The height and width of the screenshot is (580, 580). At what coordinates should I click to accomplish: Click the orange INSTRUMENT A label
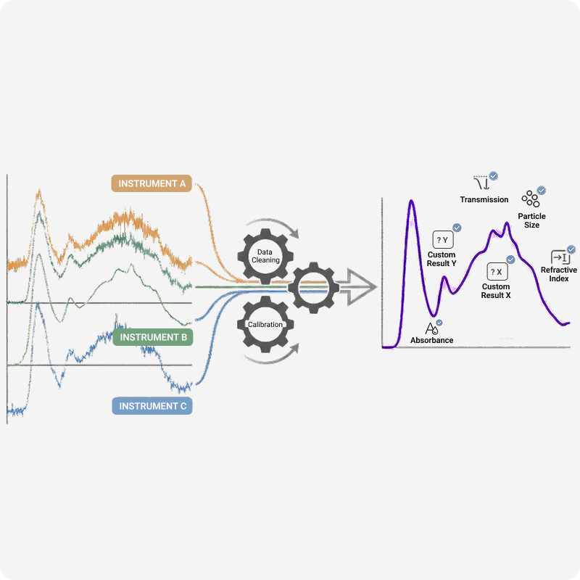click(x=152, y=183)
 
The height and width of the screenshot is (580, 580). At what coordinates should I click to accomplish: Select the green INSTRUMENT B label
click(x=153, y=337)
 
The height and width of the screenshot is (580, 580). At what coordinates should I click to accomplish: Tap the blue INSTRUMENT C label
click(x=152, y=406)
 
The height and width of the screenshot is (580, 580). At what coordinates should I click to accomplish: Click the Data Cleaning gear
click(x=265, y=256)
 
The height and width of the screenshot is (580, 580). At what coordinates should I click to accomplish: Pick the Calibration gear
click(x=265, y=324)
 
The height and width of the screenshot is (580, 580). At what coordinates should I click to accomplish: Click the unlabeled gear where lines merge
click(x=314, y=287)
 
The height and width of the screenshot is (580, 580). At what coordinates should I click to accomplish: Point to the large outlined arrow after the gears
click(x=357, y=287)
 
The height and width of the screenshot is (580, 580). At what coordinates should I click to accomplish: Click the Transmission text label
click(x=484, y=200)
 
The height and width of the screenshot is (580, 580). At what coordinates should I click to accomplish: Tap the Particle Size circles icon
click(x=531, y=199)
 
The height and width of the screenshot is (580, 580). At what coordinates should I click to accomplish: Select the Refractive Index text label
click(x=558, y=274)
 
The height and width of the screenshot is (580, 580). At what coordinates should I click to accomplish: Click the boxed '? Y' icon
click(x=443, y=240)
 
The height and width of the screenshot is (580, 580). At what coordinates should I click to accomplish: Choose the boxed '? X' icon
click(x=497, y=272)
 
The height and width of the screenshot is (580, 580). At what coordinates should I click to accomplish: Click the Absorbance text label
click(x=431, y=340)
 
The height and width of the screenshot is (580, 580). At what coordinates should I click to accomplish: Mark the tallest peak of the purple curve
click(x=411, y=201)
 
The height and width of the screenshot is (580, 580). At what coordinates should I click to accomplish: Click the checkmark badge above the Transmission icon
click(x=493, y=175)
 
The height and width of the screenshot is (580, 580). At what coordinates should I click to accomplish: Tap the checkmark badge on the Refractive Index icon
click(x=571, y=249)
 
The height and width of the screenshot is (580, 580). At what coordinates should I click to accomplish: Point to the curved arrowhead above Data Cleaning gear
click(x=295, y=233)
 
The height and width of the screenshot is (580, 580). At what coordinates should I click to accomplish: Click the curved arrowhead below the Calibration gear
click(x=295, y=349)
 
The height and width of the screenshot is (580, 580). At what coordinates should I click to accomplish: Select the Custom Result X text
click(x=496, y=291)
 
